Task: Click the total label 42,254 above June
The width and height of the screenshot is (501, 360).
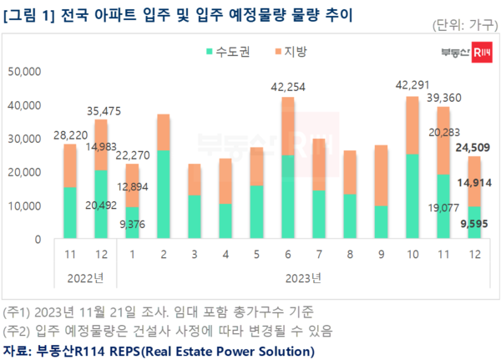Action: click(287, 86)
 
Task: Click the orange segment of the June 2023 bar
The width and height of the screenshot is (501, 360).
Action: click(287, 126)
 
